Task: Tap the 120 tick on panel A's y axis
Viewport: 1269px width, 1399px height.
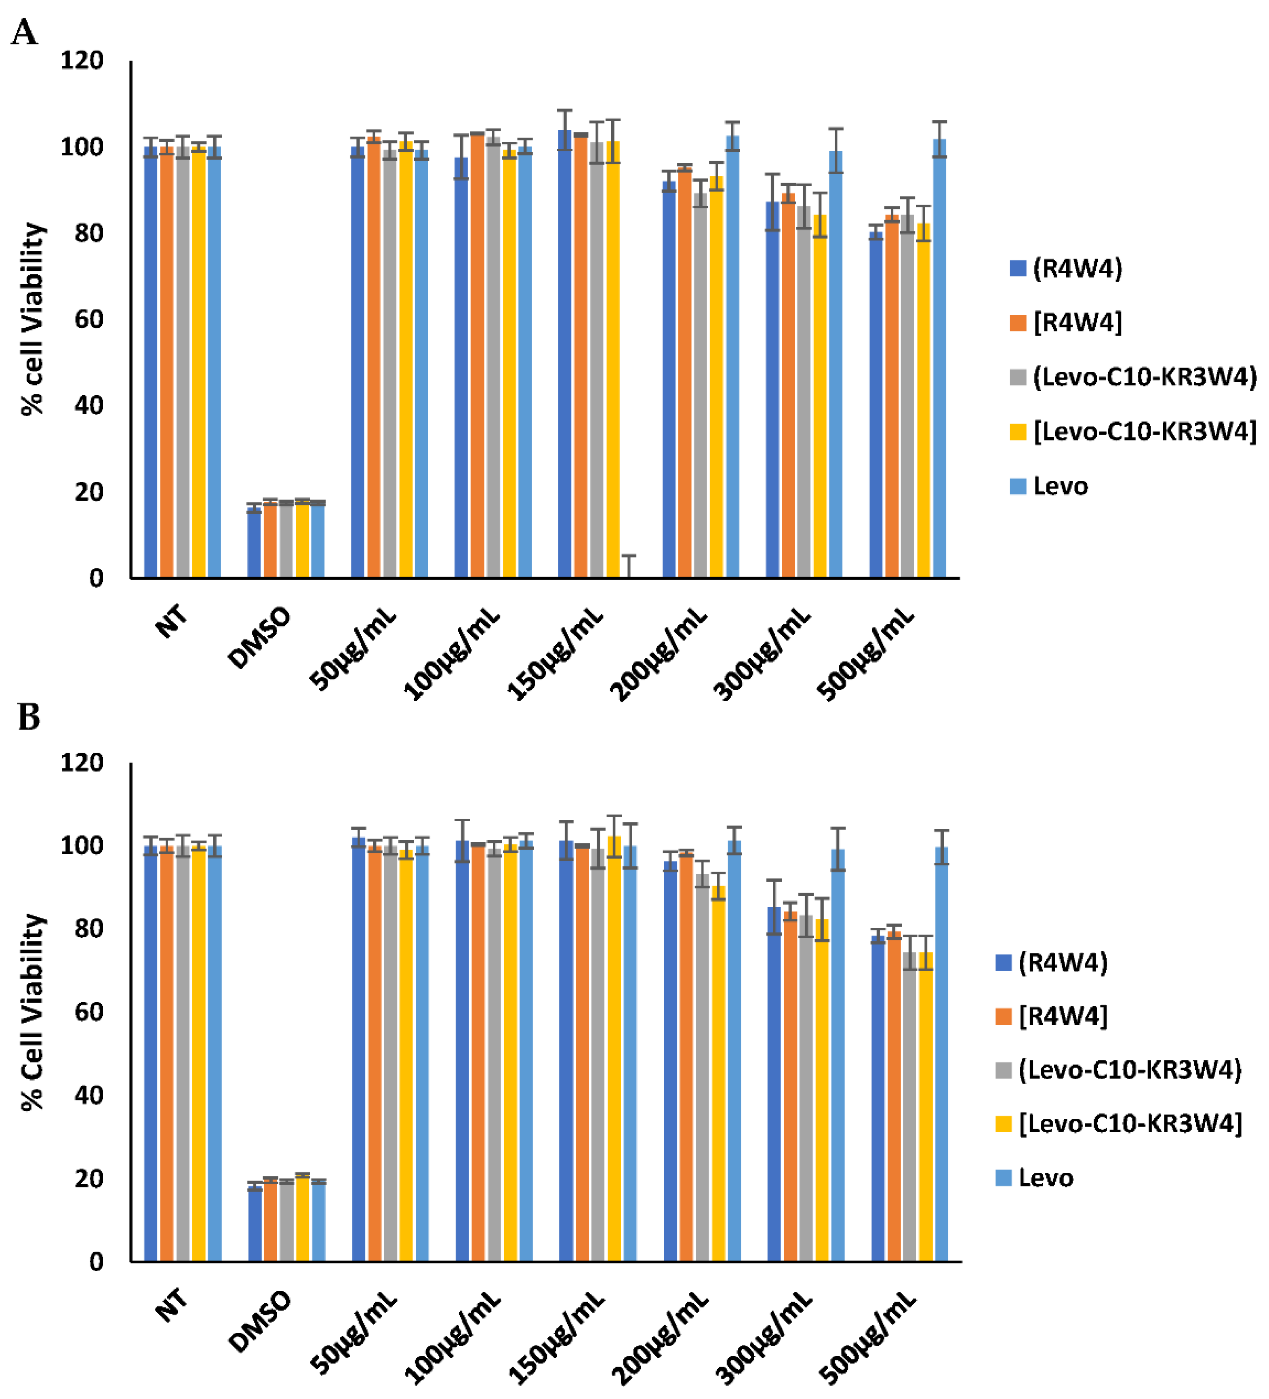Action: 82,61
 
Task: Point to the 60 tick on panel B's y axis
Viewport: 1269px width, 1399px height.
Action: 89,1012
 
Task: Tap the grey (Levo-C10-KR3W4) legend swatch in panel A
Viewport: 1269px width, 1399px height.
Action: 1017,377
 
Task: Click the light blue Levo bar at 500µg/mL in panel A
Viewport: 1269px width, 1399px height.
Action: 939,361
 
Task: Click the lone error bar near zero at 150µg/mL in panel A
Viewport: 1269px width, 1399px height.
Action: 629,566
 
